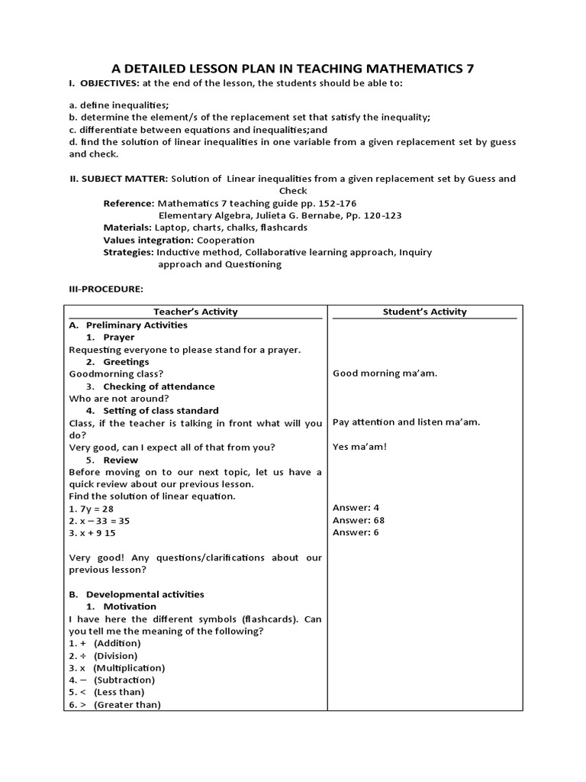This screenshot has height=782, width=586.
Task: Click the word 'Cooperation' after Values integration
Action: click(226, 240)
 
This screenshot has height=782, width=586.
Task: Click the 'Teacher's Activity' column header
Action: click(195, 312)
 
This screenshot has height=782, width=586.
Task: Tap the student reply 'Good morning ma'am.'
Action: click(385, 373)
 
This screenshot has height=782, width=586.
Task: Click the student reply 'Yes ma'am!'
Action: click(359, 447)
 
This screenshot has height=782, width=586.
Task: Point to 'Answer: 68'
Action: click(359, 520)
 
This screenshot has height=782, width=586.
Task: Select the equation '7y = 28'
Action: click(96, 509)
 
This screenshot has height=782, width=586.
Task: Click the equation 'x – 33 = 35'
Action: click(104, 521)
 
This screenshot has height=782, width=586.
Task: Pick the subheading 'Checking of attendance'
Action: click(159, 386)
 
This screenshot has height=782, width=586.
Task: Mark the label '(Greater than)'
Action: click(127, 705)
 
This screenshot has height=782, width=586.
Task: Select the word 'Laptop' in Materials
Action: click(170, 228)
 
